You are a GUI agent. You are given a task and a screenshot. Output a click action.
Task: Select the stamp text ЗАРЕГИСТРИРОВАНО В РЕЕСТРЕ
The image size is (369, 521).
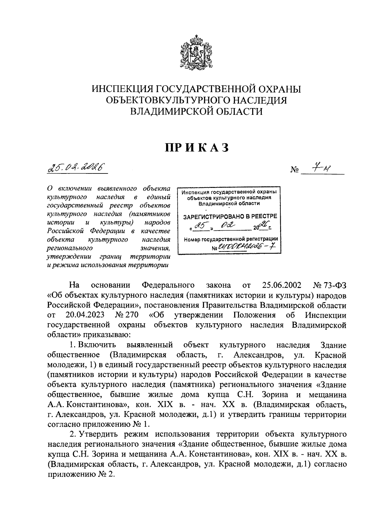230,216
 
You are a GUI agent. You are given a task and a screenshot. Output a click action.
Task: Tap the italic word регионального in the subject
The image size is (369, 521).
69,248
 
